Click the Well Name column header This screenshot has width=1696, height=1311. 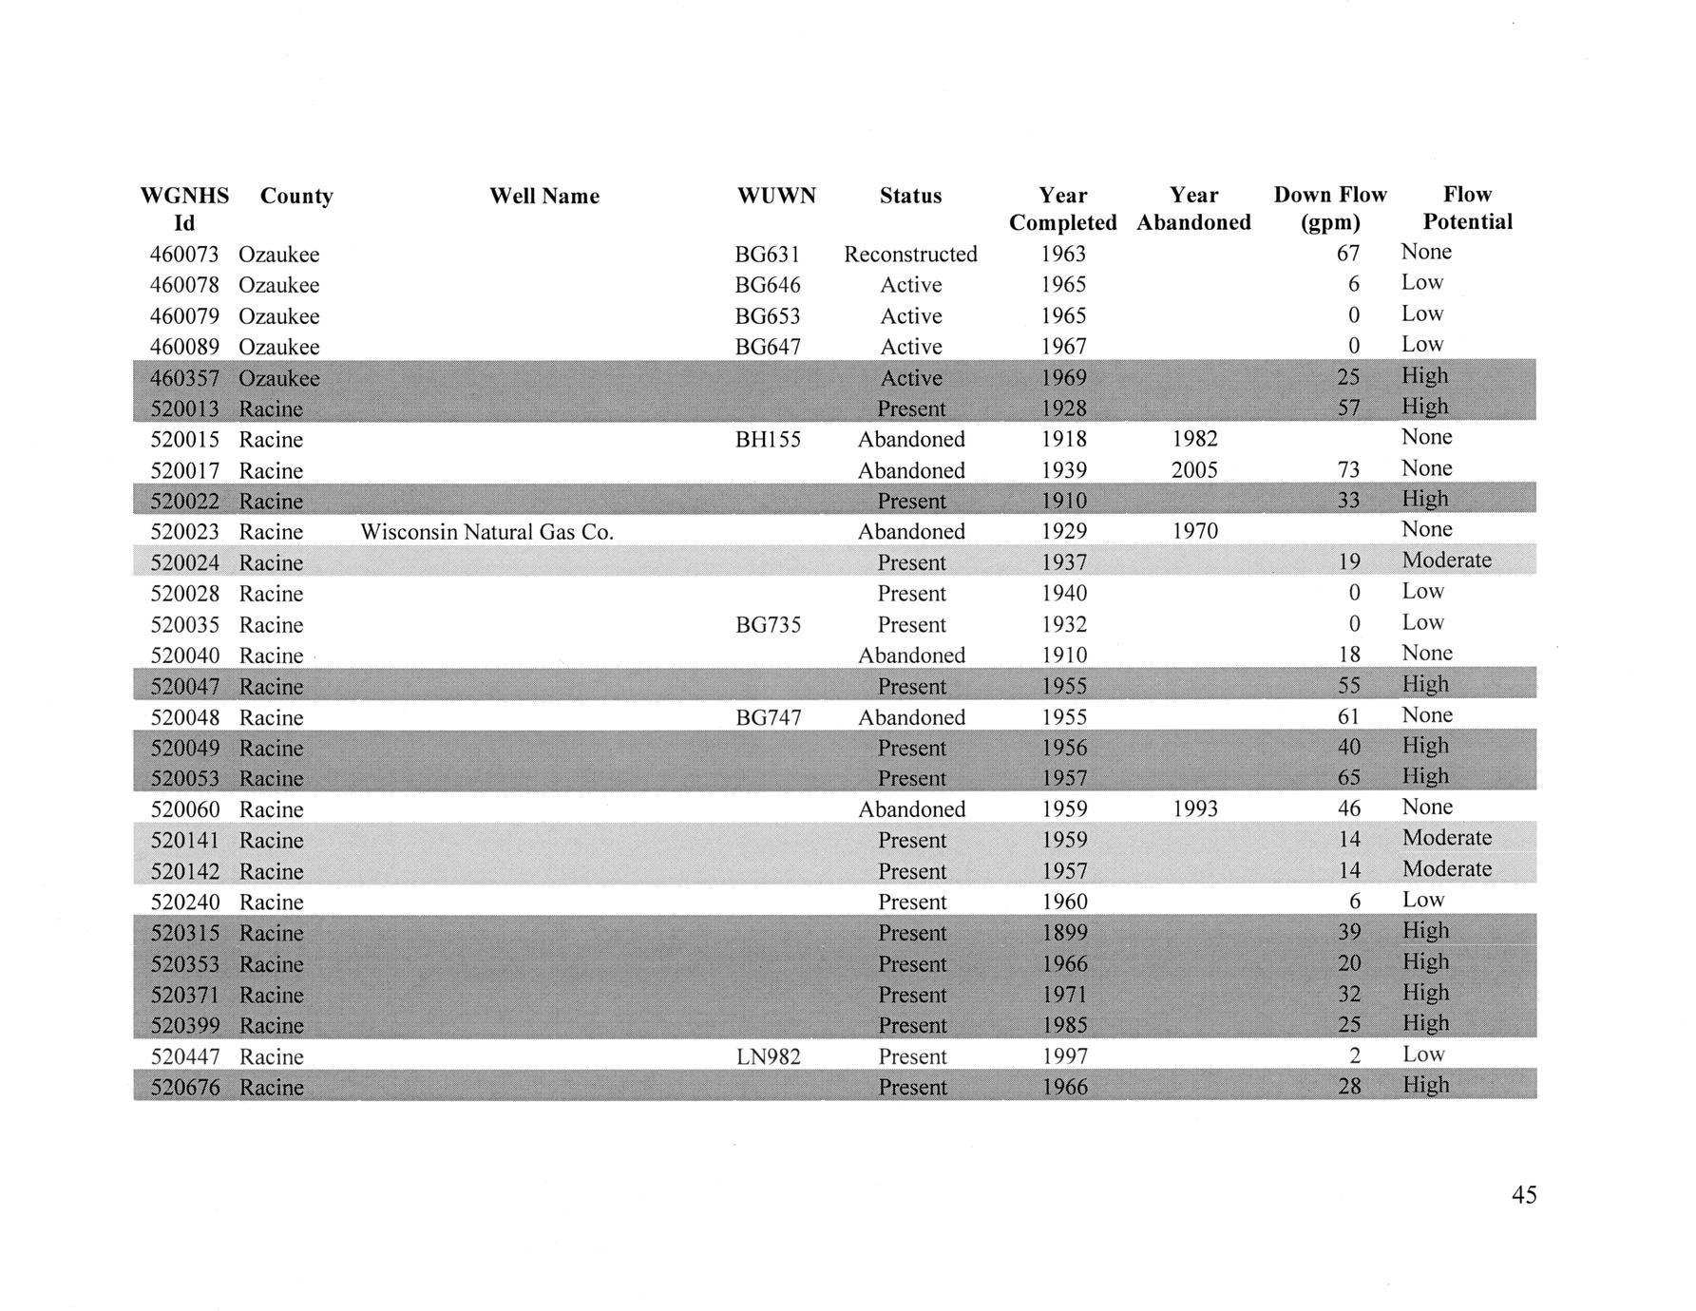click(544, 197)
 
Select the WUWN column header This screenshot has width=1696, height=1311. click(776, 197)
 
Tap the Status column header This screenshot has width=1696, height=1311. click(910, 197)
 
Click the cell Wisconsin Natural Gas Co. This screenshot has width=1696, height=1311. click(487, 532)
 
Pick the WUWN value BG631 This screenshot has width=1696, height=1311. click(768, 255)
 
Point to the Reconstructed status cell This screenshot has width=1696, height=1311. click(910, 255)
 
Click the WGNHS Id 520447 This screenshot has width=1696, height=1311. click(185, 1056)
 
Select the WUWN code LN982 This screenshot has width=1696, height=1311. click(769, 1056)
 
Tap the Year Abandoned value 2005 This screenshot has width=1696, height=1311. click(1194, 470)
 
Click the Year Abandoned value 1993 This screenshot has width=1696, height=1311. click(1194, 809)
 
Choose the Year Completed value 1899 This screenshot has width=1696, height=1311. click(1064, 933)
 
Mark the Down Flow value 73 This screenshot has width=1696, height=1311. click(1348, 470)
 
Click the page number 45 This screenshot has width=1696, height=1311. click(1524, 1195)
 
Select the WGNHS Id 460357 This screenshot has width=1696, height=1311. click(185, 378)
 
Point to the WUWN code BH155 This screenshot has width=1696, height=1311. click(769, 440)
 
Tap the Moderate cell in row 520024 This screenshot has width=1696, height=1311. click(1446, 560)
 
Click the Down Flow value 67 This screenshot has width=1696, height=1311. click(1348, 254)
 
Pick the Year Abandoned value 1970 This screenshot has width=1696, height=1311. click(1194, 532)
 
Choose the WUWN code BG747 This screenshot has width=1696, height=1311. click(769, 717)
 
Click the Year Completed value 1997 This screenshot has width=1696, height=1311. click(1064, 1056)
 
